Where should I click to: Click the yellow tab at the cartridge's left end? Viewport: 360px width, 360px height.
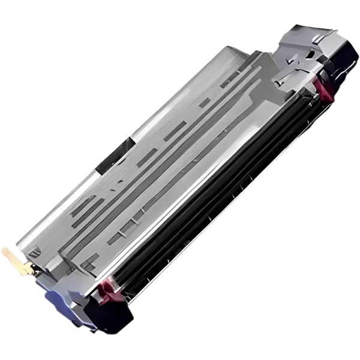(16, 262)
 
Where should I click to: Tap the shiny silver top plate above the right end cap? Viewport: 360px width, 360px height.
(315, 36)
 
